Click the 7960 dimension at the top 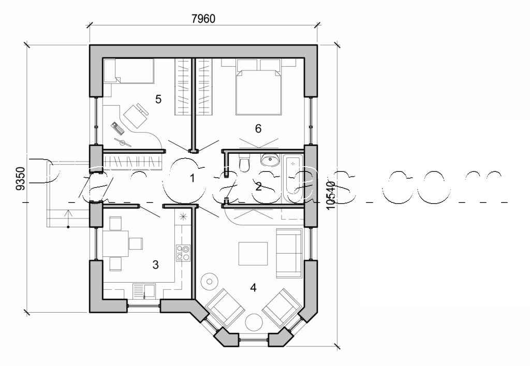coord(203,19)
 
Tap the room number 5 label coord(158,98)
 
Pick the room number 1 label coord(192,179)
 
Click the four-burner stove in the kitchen coord(183,252)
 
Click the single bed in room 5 coord(129,71)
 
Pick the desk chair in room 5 coord(136,115)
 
